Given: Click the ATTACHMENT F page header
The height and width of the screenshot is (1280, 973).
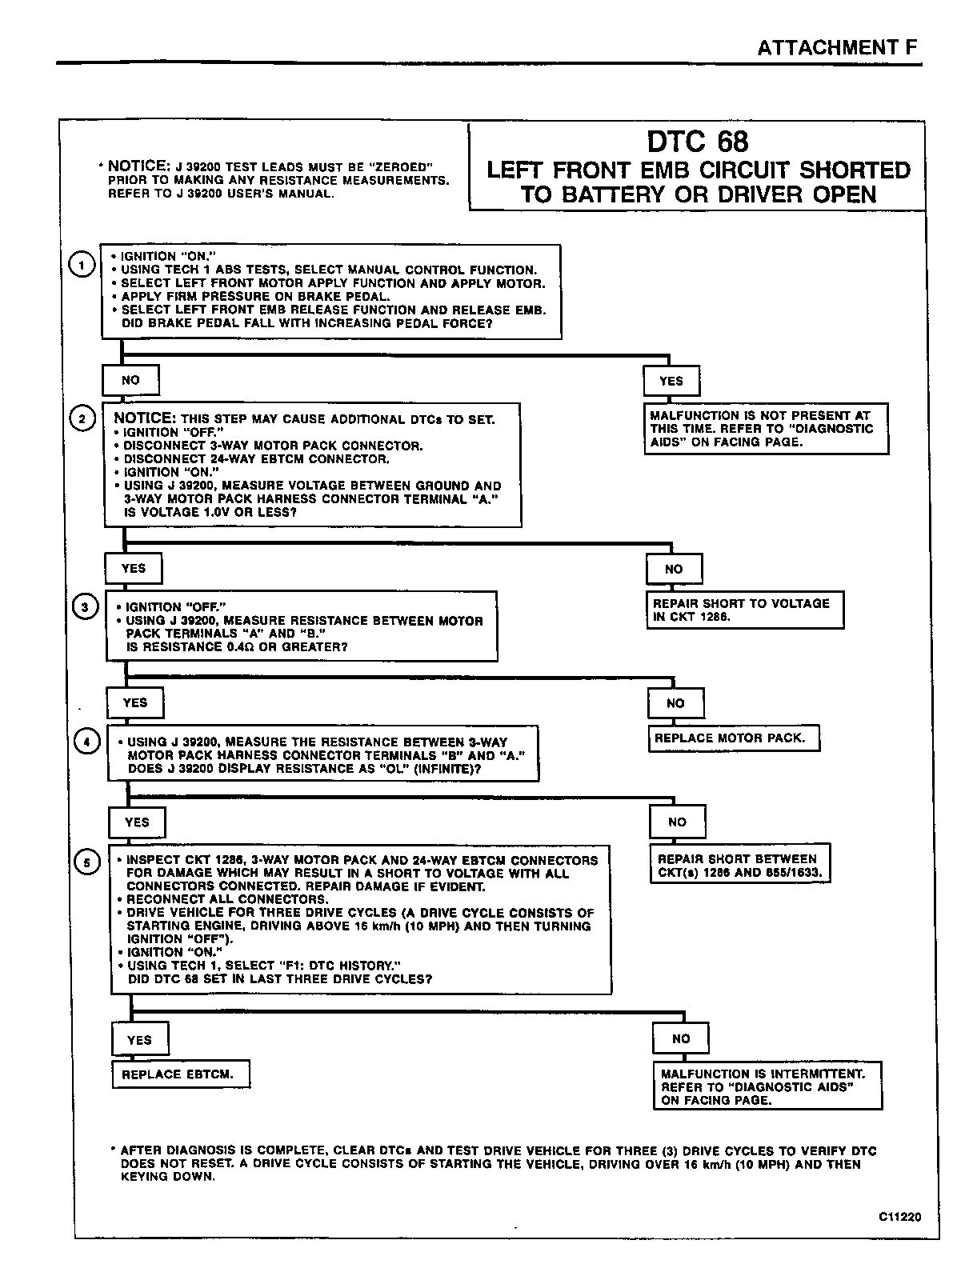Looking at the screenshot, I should tap(837, 47).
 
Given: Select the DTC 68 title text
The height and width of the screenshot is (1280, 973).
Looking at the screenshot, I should tap(697, 142).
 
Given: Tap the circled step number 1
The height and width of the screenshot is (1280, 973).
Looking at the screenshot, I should tap(82, 264).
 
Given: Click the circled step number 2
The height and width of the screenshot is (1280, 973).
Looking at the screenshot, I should tap(82, 418).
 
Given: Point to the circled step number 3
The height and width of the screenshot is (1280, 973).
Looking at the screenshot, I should tap(85, 607).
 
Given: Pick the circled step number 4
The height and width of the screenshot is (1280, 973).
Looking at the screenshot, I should tap(87, 742).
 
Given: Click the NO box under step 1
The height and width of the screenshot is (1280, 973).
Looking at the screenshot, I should tap(130, 380).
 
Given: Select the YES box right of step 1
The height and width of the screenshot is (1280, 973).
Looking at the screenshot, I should tap(671, 381).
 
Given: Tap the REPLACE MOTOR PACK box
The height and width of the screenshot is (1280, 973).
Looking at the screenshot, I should tap(733, 738).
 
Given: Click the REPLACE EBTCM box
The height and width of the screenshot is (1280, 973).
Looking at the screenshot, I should tap(180, 1074).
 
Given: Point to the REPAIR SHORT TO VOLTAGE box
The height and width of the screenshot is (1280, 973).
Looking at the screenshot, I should tap(745, 610).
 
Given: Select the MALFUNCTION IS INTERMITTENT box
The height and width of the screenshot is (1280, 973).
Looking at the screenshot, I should tap(767, 1086).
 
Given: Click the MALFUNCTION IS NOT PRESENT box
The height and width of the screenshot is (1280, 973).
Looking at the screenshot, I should tap(766, 429).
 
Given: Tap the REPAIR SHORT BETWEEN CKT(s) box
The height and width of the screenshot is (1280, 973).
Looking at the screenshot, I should tap(739, 866).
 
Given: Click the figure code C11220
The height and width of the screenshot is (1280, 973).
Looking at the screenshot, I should tap(899, 1217).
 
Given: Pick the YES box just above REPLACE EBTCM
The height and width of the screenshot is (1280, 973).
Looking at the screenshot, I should tap(139, 1040).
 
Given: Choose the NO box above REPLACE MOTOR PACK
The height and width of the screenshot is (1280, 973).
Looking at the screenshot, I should tap(675, 703).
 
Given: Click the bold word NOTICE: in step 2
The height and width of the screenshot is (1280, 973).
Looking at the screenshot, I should tap(145, 418).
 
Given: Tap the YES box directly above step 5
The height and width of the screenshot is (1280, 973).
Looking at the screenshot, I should tap(137, 822).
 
